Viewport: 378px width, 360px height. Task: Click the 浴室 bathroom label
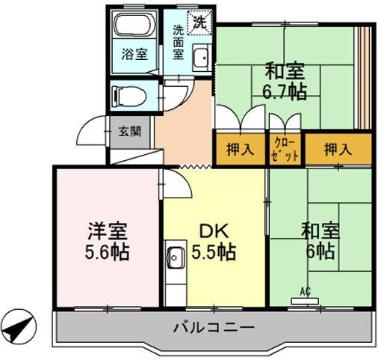click(135, 54)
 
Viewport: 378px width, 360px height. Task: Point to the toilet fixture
click(132, 97)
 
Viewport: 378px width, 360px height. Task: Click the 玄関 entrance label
click(129, 131)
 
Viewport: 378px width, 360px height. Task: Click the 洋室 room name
click(107, 229)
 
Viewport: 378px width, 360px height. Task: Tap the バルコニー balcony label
click(211, 327)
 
